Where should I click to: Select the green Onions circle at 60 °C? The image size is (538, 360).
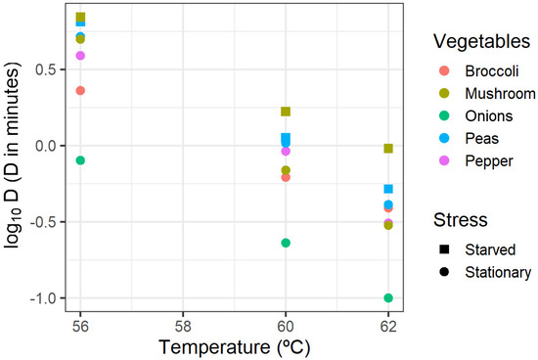coord(286,243)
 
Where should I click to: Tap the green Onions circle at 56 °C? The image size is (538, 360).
coord(80,160)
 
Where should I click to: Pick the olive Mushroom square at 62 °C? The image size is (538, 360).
coord(388,149)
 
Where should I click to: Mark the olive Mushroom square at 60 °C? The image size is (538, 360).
coord(286,112)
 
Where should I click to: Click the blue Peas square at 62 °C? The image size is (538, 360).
coord(388,189)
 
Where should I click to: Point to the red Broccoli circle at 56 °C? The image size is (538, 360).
coord(80,90)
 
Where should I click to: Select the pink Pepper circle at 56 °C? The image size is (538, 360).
coord(80,56)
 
